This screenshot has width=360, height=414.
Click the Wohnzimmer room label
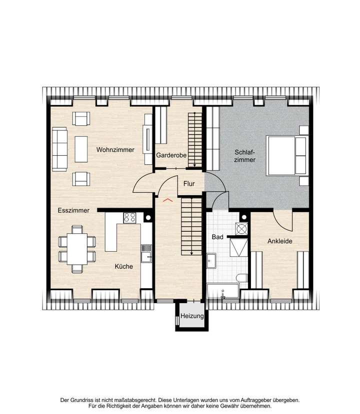pyautogui.click(x=115, y=149)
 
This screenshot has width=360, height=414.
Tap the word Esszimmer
pyautogui.click(x=73, y=211)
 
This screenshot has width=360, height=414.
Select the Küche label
pyautogui.click(x=123, y=267)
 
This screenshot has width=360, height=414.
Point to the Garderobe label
pyautogui.click(x=171, y=155)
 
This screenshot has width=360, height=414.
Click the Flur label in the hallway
pyautogui.click(x=189, y=184)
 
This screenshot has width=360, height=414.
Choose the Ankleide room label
pyautogui.click(x=279, y=241)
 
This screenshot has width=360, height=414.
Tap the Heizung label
pyautogui.click(x=192, y=317)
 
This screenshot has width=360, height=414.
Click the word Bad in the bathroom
pyautogui.click(x=217, y=237)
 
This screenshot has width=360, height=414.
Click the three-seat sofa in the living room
pyautogui.click(x=59, y=149)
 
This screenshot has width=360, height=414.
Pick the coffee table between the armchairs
pyautogui.click(x=81, y=149)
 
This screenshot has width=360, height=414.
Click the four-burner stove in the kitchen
pyautogui.click(x=130, y=217)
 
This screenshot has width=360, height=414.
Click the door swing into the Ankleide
pyautogui.click(x=281, y=219)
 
